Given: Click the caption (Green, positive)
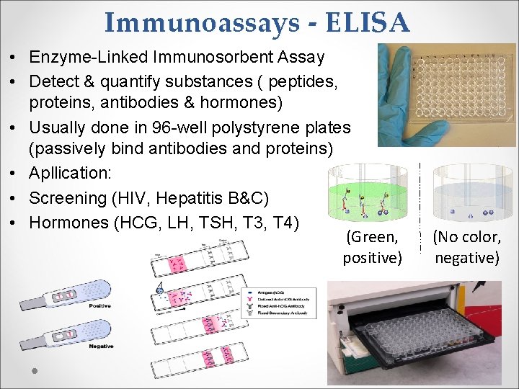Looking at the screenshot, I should pos(372,247).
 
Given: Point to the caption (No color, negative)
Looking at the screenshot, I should pos(466,247).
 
